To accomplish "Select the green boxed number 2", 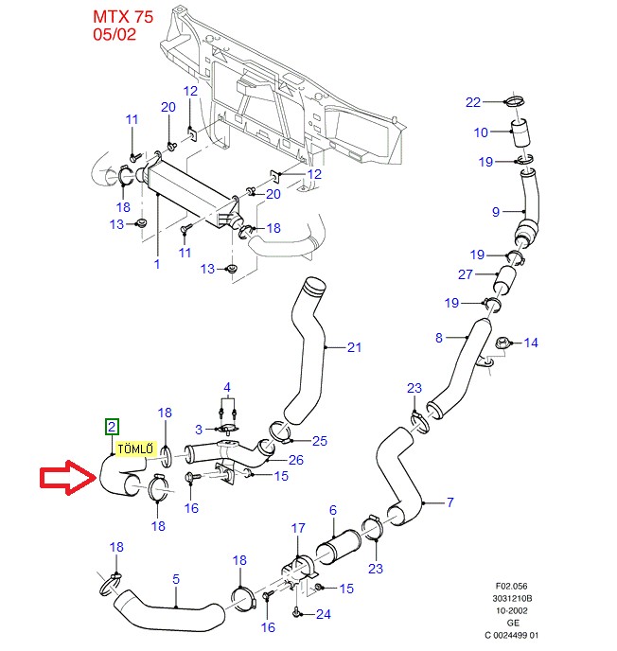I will tap(112, 427).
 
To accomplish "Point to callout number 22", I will tap(473, 102).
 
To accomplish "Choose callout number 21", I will tap(354, 348).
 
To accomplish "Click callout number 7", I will tap(450, 501).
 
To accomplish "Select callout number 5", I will tap(176, 577).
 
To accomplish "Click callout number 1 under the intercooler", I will tap(157, 265).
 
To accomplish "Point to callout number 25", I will tap(319, 441).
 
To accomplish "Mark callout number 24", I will tap(324, 614).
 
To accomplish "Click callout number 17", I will tap(298, 528).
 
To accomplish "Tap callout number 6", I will tap(332, 511).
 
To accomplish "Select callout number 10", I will tap(481, 132).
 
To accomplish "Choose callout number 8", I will tap(439, 338).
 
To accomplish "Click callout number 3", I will tap(199, 431).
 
